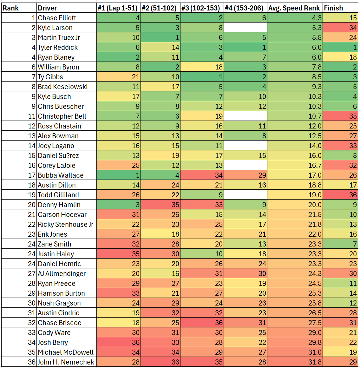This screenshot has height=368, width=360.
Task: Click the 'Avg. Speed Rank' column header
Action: (294, 8)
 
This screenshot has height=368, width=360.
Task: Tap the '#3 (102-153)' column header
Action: (202, 8)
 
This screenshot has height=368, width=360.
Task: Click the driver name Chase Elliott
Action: (57, 18)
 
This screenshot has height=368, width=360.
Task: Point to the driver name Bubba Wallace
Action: (61, 175)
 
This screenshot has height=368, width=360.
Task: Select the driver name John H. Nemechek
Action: (66, 362)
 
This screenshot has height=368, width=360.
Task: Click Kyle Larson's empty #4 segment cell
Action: (245, 28)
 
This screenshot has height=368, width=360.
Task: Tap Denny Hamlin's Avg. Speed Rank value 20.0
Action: (294, 205)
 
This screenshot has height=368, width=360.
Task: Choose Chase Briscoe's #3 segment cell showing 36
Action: (202, 323)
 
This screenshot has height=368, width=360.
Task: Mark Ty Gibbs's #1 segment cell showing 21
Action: (118, 77)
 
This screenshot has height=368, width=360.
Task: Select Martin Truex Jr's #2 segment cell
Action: (160, 37)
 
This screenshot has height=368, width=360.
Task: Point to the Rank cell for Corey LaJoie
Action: (19, 165)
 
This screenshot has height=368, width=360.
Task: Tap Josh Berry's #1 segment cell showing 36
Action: (118, 342)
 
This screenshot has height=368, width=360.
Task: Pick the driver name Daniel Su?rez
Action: (58, 155)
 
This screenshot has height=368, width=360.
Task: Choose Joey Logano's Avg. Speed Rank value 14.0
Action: (294, 146)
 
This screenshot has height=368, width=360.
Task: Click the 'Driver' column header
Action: (47, 8)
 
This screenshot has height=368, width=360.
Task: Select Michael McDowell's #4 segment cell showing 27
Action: (245, 352)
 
